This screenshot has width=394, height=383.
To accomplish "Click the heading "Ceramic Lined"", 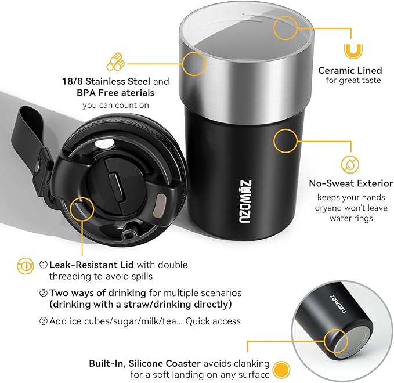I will pyautogui.click(x=349, y=70).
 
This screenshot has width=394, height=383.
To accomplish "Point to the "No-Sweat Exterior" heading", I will pyautogui.click(x=350, y=183).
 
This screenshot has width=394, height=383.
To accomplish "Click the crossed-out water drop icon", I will pyautogui.click(x=350, y=163).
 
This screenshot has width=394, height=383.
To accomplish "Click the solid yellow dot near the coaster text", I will pyautogui.click(x=281, y=368).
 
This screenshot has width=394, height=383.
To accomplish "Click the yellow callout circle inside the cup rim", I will pyautogui.click(x=285, y=27).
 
